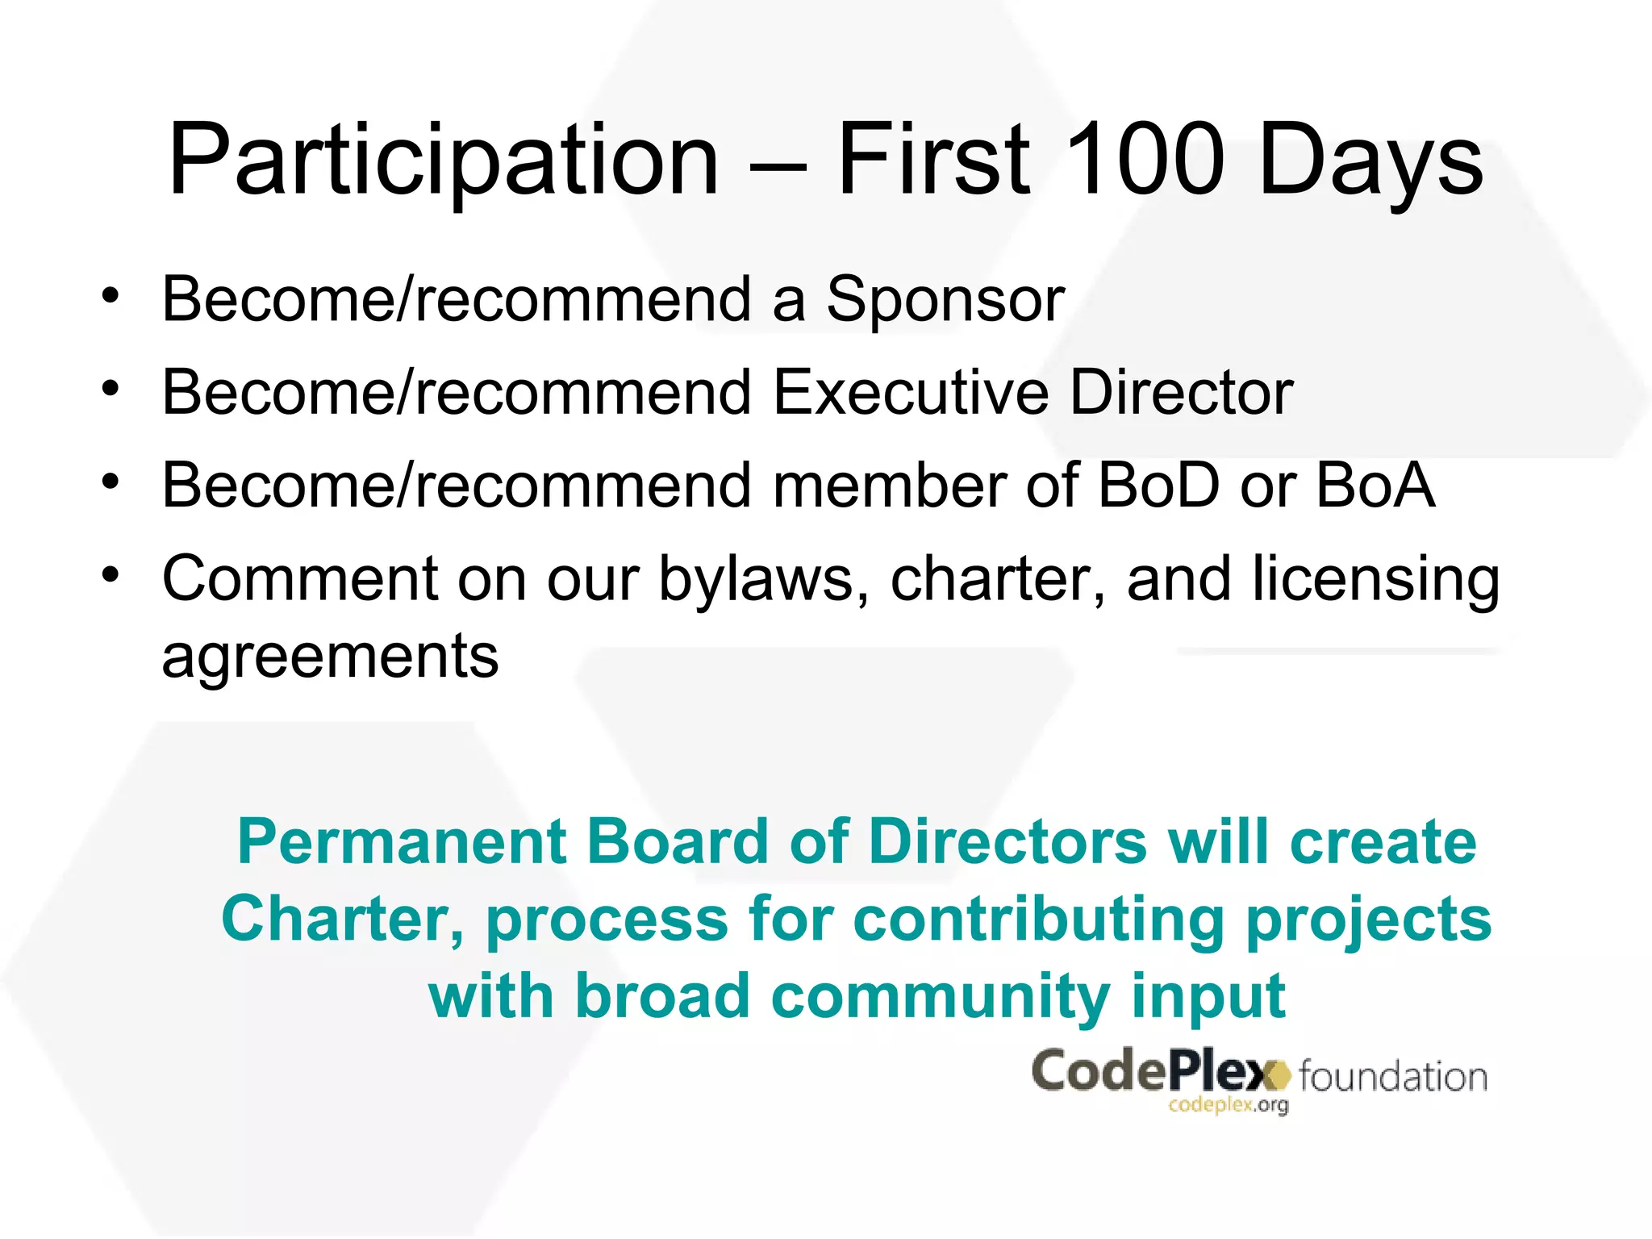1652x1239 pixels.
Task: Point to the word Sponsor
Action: pyautogui.click(x=945, y=301)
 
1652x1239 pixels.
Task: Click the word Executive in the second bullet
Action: pyautogui.click(x=911, y=393)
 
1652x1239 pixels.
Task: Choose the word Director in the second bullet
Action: pyautogui.click(x=1181, y=393)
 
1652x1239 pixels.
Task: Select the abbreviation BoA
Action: pyautogui.click(x=1375, y=486)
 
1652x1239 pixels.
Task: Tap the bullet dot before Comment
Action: pyautogui.click(x=111, y=575)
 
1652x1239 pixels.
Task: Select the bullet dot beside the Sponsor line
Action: pyautogui.click(x=111, y=296)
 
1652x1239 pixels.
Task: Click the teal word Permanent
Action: pyautogui.click(x=403, y=841)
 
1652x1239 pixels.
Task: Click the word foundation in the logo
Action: pyautogui.click(x=1393, y=1078)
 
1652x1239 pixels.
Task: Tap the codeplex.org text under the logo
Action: pyautogui.click(x=1228, y=1106)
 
